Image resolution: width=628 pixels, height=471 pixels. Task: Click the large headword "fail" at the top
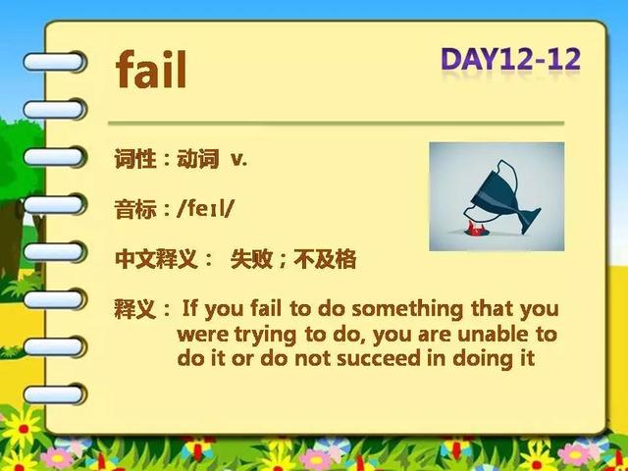point(151,69)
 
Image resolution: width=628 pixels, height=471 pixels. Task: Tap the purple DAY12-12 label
point(510,59)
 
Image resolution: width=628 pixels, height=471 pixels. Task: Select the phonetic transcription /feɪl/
point(205,209)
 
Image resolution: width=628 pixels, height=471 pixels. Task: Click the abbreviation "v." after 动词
point(239,159)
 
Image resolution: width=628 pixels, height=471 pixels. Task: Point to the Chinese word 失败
point(251,259)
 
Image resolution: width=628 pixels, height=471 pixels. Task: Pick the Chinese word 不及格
point(325,259)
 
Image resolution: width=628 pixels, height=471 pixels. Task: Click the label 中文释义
point(156,259)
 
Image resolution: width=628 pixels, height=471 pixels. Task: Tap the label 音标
point(135,209)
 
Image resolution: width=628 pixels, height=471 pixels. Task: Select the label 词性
point(135,159)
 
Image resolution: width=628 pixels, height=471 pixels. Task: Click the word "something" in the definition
point(407,310)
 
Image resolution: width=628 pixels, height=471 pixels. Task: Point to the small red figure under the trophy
point(475,229)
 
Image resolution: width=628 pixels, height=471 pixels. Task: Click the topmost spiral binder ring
point(55,62)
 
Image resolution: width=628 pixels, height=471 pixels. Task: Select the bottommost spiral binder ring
point(55,394)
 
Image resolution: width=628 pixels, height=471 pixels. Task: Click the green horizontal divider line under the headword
point(336,124)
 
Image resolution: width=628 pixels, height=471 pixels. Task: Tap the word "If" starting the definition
point(190,308)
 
